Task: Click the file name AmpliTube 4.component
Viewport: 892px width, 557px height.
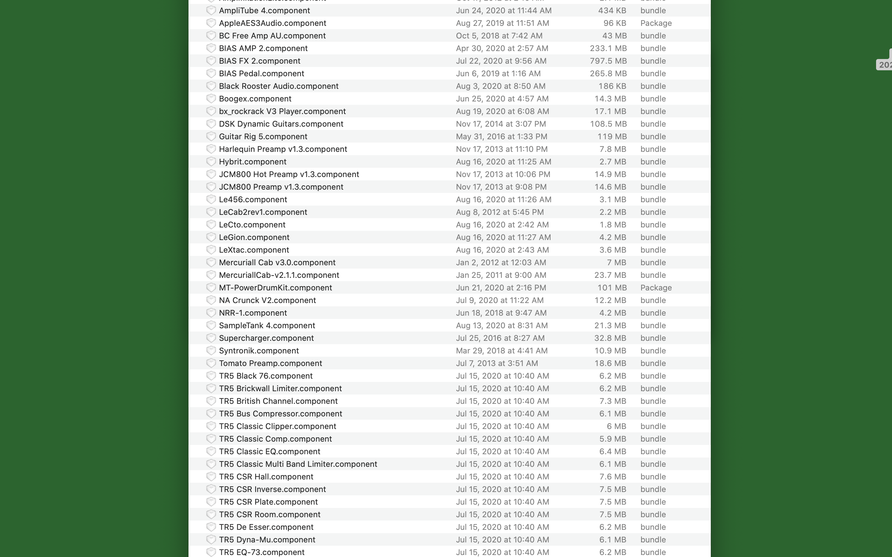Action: click(264, 10)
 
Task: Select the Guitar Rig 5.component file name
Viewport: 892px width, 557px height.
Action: click(263, 136)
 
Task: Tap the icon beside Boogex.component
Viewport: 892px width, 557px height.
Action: click(211, 98)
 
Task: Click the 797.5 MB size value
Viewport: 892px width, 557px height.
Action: click(608, 61)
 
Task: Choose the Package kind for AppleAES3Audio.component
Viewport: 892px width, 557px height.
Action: click(656, 23)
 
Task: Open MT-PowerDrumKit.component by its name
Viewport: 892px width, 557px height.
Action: click(275, 287)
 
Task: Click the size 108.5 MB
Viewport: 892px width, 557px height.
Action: click(608, 124)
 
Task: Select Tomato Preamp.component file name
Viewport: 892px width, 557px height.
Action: click(270, 363)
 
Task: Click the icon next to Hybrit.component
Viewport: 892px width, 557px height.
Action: click(211, 161)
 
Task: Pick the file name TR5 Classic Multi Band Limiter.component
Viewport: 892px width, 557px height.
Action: click(298, 464)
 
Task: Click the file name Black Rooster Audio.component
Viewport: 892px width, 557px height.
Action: click(278, 86)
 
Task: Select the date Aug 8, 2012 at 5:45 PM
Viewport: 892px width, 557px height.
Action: click(499, 212)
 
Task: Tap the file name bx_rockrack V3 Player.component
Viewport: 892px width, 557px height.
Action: click(282, 111)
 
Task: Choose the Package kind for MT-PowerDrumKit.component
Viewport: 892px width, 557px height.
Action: click(656, 287)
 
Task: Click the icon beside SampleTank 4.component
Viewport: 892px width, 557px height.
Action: click(211, 325)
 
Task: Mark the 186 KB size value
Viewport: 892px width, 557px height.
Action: click(612, 86)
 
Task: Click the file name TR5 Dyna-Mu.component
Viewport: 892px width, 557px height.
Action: click(267, 539)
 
